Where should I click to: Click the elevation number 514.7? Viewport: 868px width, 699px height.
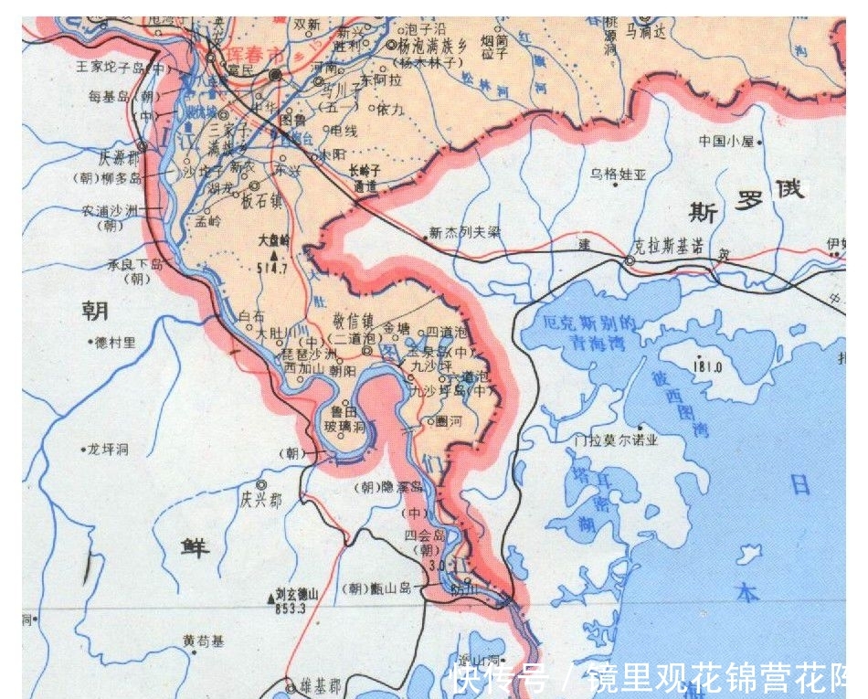pyautogui.click(x=272, y=270)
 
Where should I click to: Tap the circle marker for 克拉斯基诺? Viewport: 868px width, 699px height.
pyautogui.click(x=629, y=262)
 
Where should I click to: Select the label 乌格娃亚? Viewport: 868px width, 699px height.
pyautogui.click(x=619, y=173)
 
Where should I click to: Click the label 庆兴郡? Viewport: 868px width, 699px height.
pyautogui.click(x=260, y=500)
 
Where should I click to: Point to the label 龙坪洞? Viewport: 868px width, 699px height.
pyautogui.click(x=108, y=450)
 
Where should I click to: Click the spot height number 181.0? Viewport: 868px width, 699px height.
pyautogui.click(x=707, y=367)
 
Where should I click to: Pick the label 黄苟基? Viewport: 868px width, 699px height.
pyautogui.click(x=202, y=641)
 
